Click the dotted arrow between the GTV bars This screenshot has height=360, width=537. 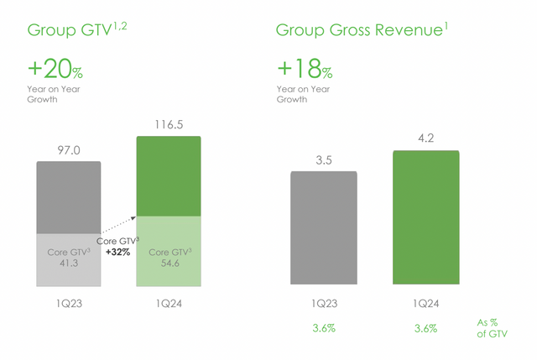pos(117,227)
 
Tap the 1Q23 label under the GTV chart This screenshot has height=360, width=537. pos(68,295)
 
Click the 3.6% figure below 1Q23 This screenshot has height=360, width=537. pos(323,328)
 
